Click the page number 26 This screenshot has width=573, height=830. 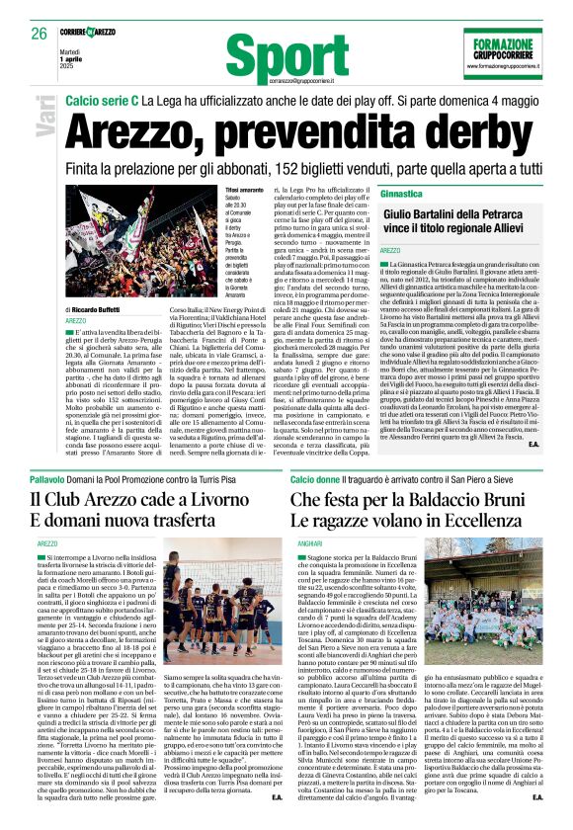39,33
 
